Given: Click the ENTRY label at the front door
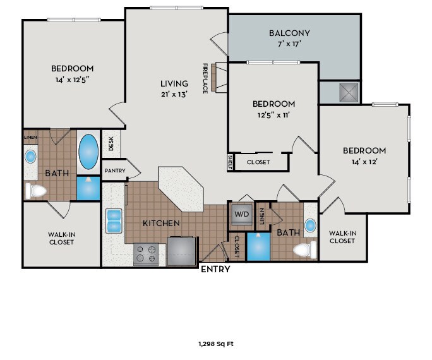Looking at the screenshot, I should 215,269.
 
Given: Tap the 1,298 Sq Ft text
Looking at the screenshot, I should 216,344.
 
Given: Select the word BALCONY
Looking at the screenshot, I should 289,33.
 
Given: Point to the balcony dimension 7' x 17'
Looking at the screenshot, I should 289,44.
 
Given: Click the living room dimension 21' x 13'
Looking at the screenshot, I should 174,94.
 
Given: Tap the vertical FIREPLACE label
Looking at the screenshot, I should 205,78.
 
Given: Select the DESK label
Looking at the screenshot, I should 111,144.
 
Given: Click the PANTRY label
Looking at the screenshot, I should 114,171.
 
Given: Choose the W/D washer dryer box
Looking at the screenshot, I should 242,213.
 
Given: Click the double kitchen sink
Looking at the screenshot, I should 114,219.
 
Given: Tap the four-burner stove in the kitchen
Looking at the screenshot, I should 146,254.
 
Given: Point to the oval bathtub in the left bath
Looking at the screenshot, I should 88,152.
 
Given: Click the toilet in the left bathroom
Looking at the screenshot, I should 37,190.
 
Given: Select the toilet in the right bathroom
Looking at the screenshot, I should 304,250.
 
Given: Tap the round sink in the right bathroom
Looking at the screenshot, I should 310,225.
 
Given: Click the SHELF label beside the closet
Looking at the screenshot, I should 231,162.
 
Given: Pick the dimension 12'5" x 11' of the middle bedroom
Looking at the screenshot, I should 273,115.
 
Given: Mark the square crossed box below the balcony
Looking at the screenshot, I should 347,92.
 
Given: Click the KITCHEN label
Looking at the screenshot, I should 161,223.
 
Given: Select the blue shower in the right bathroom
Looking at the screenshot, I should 258,246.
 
